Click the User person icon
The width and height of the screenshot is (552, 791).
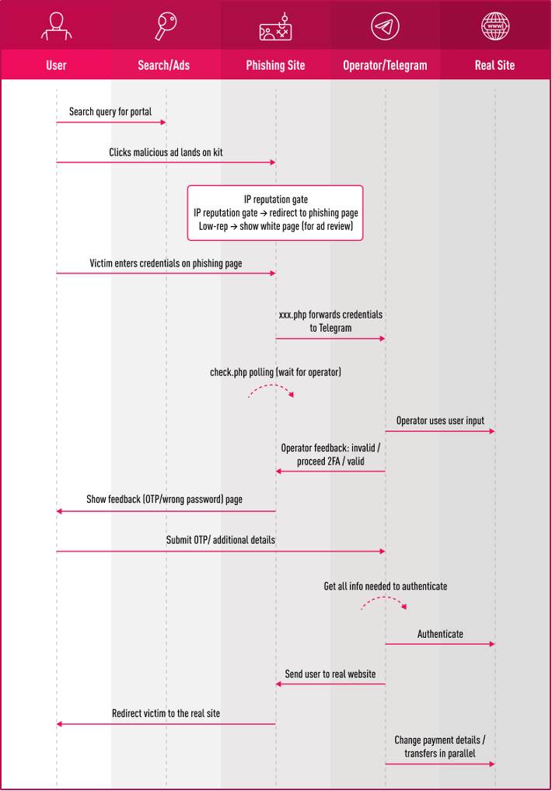coord(57,26)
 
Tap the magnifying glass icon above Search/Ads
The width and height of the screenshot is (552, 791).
coord(166,26)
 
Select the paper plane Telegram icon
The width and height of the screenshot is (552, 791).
coord(385,26)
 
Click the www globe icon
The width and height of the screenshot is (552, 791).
coord(495,26)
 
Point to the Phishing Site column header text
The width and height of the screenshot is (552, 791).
coord(275,65)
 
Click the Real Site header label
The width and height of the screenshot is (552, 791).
coord(494,65)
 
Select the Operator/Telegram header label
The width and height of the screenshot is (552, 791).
coord(385,65)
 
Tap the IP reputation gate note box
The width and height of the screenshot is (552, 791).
coord(275,213)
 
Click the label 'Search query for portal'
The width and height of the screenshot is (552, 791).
coord(110,111)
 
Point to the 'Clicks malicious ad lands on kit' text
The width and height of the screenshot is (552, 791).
coord(166,152)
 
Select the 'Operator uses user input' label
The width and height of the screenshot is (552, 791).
coord(440,420)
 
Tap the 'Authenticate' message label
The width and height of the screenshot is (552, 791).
coord(440,634)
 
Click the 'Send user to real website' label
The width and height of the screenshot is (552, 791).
coord(330,674)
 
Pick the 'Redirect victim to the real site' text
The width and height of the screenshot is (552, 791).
coord(166,713)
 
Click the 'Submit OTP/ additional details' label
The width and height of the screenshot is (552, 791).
coord(221,540)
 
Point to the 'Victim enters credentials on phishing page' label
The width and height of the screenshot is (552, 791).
coord(166,263)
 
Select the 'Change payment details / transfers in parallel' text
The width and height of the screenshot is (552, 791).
coord(440,747)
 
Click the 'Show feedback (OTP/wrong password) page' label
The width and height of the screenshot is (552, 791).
coord(165,500)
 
